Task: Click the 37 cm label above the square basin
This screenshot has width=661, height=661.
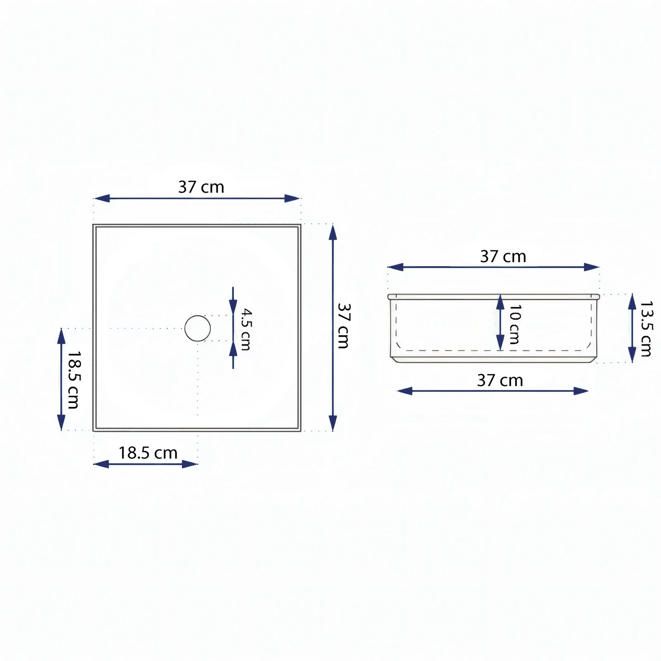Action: (x=201, y=187)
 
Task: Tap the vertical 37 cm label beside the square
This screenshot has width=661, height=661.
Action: (x=344, y=326)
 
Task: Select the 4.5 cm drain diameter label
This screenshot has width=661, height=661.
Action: (x=246, y=329)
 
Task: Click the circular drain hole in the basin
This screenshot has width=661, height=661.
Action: (x=197, y=328)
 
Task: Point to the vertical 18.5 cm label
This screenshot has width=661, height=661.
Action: (x=73, y=380)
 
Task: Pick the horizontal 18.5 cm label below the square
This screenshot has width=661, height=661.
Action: (x=148, y=453)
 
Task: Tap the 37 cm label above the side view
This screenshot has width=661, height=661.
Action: (x=503, y=257)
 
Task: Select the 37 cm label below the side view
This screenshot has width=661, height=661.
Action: (x=500, y=381)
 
